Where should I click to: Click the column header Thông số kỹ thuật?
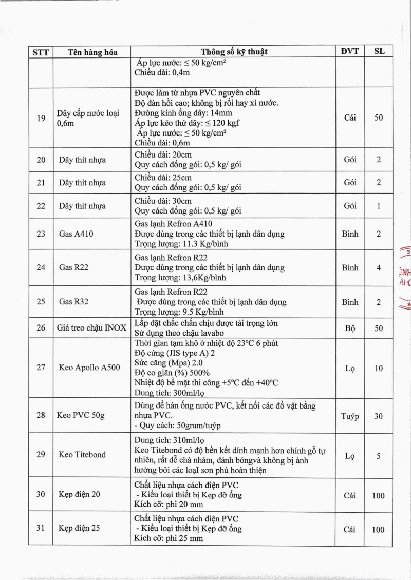click(234, 51)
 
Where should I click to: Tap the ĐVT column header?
click(350, 51)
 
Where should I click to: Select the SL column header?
click(379, 51)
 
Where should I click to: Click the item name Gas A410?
click(76, 234)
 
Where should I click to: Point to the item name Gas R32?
click(73, 302)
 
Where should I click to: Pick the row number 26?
click(41, 327)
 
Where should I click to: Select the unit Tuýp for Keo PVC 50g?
click(350, 416)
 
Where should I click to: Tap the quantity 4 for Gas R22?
click(379, 268)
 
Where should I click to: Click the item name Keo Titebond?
click(82, 454)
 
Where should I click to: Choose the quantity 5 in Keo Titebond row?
click(379, 455)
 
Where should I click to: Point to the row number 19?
click(41, 118)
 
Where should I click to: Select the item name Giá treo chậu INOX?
click(91, 327)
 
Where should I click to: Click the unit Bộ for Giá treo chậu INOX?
click(350, 328)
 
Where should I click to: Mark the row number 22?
click(41, 206)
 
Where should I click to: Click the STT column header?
click(41, 52)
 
